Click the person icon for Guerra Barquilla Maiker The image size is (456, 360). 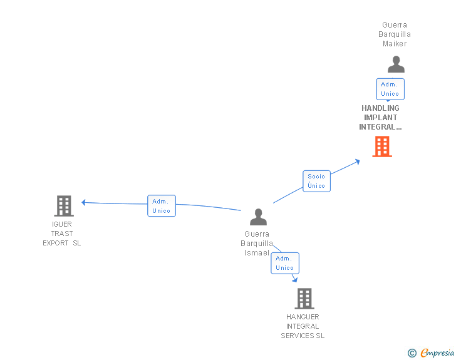point(396,64)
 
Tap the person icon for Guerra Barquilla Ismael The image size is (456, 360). point(258,217)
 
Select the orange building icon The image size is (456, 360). point(382,147)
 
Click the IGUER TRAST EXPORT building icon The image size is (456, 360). point(63,205)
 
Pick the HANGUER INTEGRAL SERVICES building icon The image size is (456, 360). point(304,299)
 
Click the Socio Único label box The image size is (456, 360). point(316,181)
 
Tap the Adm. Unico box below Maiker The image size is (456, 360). point(390,89)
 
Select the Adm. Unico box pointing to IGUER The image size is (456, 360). point(162,206)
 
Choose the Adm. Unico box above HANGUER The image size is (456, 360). point(284,263)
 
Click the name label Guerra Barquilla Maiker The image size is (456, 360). point(396,34)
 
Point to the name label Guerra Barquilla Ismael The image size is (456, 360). point(257,244)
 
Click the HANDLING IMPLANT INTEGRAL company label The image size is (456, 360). point(380,118)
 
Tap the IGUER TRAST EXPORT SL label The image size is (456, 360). point(62,234)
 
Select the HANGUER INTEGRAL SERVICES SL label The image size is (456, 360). point(303,326)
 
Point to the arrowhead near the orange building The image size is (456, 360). point(358,161)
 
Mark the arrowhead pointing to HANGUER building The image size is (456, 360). point(294,279)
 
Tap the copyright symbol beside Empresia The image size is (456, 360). point(412,353)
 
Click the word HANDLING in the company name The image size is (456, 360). point(380,108)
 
